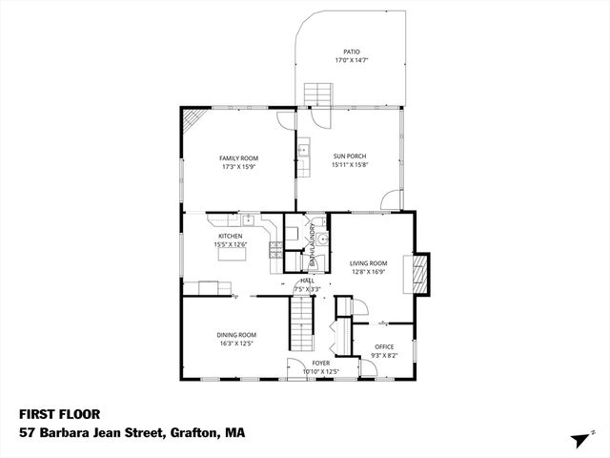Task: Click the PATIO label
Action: click(x=352, y=52)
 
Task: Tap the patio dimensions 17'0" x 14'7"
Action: click(x=352, y=60)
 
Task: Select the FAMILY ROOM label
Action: click(x=238, y=158)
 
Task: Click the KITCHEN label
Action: click(x=230, y=236)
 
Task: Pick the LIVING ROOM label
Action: click(x=368, y=263)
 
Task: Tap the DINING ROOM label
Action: click(x=236, y=335)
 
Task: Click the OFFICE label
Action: click(x=384, y=346)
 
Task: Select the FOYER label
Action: click(x=321, y=364)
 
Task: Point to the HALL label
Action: click(x=307, y=281)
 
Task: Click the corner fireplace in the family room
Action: click(x=193, y=120)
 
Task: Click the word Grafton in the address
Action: click(x=193, y=432)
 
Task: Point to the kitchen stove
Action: click(x=276, y=252)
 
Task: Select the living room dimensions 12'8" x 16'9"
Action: click(x=368, y=272)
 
